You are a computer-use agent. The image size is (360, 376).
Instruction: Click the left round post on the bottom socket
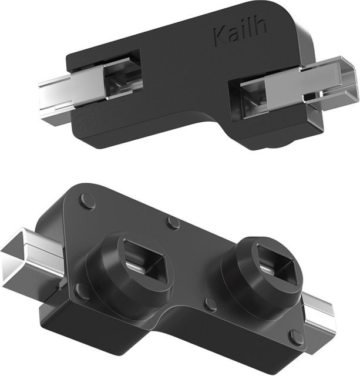130,266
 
